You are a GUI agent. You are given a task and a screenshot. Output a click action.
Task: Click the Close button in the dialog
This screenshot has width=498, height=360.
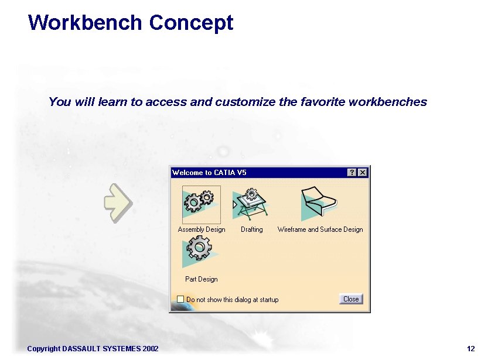point(351,299)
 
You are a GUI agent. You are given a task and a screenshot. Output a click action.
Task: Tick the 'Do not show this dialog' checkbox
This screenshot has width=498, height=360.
point(180,299)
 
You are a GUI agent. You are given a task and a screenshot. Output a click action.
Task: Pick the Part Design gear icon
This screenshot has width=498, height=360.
point(199,251)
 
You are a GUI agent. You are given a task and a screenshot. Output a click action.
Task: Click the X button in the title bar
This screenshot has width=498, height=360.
point(363,173)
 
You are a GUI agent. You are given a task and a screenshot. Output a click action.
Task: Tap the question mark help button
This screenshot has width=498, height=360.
point(352,173)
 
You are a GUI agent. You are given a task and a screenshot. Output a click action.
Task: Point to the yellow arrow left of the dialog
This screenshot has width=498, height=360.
point(118,203)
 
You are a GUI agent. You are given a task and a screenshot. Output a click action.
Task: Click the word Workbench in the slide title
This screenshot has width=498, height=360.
point(85,23)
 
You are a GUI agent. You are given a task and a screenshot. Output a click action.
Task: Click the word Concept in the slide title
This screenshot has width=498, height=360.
point(191,23)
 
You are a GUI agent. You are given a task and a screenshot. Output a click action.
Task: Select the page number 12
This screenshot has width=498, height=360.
point(471,349)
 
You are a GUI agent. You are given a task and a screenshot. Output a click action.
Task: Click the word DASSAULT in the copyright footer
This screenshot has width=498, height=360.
point(81,349)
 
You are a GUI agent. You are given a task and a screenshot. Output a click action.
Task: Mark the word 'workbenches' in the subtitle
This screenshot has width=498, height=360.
point(387,102)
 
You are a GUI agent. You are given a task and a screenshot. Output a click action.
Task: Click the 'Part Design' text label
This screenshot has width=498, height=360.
point(201,279)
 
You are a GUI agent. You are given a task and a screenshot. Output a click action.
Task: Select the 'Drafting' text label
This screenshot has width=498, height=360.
point(251,229)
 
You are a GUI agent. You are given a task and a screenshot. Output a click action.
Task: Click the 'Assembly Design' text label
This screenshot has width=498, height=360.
point(201,229)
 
